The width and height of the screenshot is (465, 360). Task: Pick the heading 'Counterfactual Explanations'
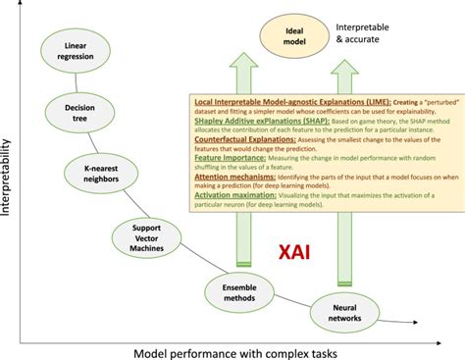coord(240,140)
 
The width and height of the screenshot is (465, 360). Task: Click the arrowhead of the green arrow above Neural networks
coord(343,68)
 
